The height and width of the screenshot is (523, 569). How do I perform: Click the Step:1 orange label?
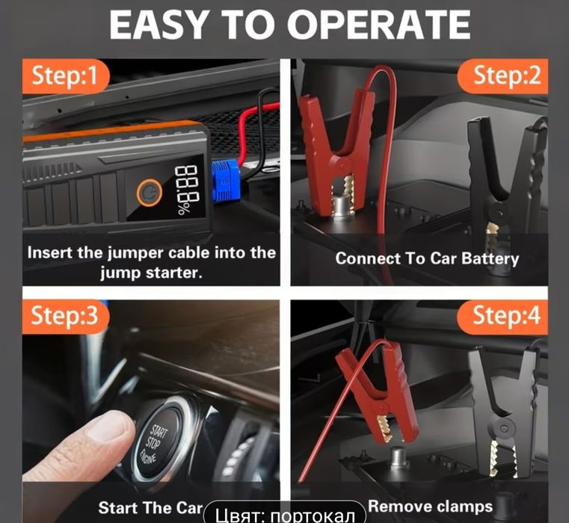point(66,75)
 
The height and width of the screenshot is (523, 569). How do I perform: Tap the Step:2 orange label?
point(506,75)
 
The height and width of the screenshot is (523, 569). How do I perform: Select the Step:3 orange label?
point(66,316)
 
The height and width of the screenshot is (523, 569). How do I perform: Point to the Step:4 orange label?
point(506,316)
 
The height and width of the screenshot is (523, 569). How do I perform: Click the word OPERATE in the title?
point(379,25)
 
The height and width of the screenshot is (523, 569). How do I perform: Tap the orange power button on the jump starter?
point(150,194)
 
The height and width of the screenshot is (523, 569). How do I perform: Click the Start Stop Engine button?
point(159,442)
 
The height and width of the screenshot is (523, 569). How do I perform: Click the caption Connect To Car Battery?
point(426,259)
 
